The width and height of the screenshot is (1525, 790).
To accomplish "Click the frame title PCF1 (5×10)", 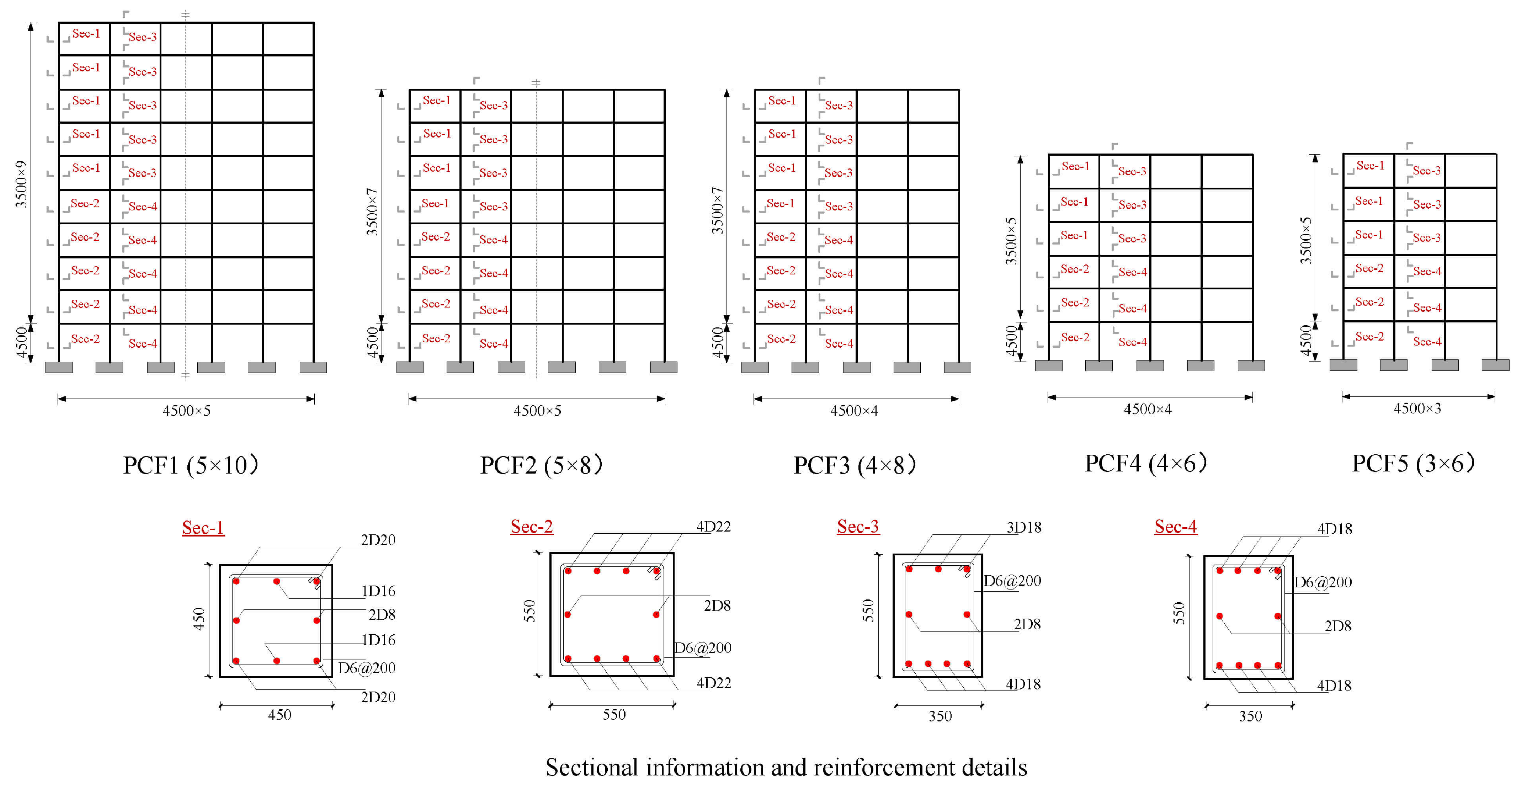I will point(191,466).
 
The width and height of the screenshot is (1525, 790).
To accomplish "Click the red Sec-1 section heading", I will point(203,528).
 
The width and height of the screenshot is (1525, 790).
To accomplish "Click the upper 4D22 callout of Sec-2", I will point(713,526).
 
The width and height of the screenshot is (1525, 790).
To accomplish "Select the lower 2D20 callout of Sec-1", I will point(378,697).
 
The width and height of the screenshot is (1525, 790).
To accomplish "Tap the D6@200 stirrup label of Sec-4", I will point(1322,582).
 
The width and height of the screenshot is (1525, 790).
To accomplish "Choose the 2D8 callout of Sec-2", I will point(717,606).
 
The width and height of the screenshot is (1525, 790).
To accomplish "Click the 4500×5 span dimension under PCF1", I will point(186,411).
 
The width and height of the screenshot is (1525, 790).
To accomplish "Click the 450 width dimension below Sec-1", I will point(279,715).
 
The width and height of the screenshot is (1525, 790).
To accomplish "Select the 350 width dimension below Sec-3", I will point(940,716).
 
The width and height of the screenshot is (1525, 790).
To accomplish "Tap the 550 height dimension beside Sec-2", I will point(529,611).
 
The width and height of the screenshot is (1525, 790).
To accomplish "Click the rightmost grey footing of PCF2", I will point(664,367).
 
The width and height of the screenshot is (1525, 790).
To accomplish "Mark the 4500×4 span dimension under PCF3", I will point(854,411).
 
